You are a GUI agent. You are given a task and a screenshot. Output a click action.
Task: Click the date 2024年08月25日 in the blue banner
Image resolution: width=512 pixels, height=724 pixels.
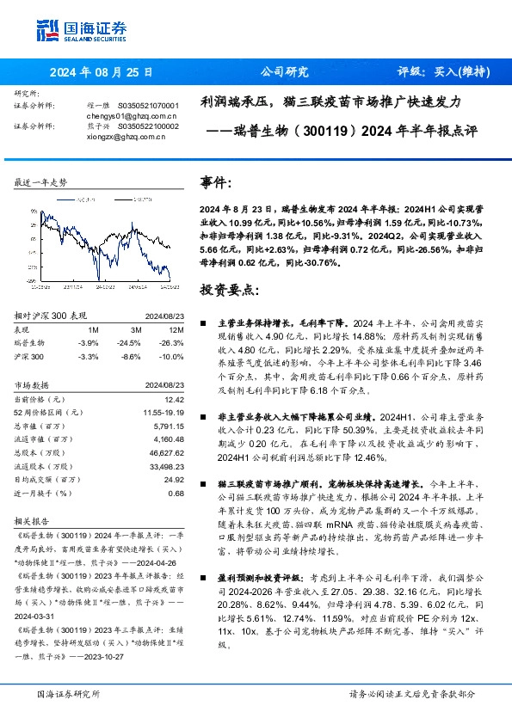tap(99, 72)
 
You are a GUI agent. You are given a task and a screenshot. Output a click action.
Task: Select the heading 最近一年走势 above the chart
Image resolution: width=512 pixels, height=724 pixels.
tap(40, 183)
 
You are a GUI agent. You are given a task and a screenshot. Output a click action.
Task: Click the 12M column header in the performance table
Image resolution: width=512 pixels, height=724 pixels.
tap(176, 328)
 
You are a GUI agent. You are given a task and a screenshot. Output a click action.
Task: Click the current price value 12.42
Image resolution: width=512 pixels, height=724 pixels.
tap(176, 399)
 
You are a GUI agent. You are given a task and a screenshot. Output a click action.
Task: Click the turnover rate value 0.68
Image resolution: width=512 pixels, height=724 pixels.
tap(176, 493)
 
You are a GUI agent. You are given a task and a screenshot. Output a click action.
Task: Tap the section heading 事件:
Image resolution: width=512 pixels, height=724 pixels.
tap(216, 182)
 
